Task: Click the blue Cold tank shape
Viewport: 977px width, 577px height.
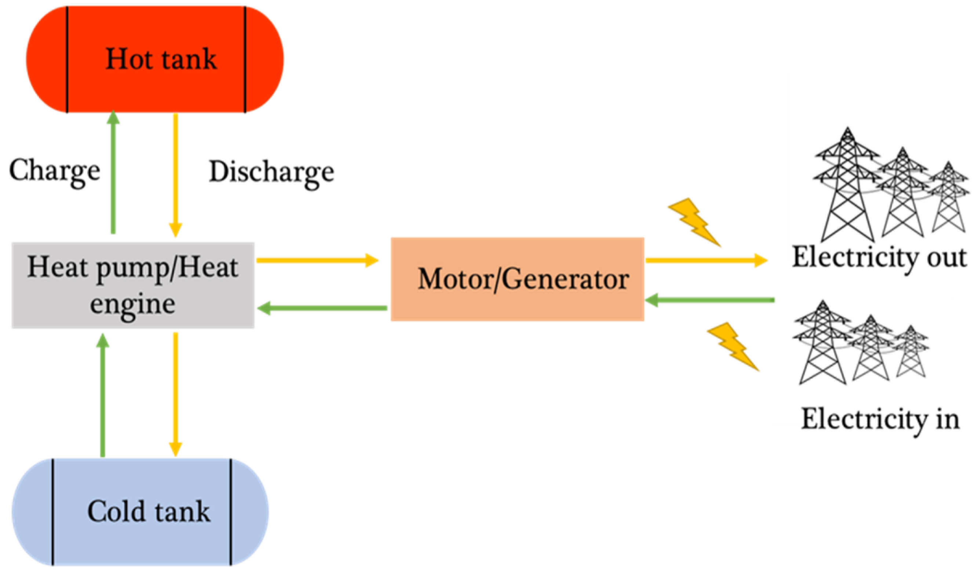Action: click(140, 512)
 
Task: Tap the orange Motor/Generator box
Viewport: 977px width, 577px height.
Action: click(517, 279)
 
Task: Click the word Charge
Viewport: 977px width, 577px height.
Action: click(54, 171)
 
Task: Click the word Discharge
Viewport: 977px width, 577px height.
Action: click(271, 172)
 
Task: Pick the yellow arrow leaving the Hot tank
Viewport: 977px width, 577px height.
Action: click(176, 175)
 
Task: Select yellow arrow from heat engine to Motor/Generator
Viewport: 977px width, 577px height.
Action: click(317, 260)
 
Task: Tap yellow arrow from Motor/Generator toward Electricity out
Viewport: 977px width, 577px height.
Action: click(706, 260)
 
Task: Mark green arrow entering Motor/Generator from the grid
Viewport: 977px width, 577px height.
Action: click(709, 300)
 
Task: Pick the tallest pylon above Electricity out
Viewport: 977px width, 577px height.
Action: click(847, 186)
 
